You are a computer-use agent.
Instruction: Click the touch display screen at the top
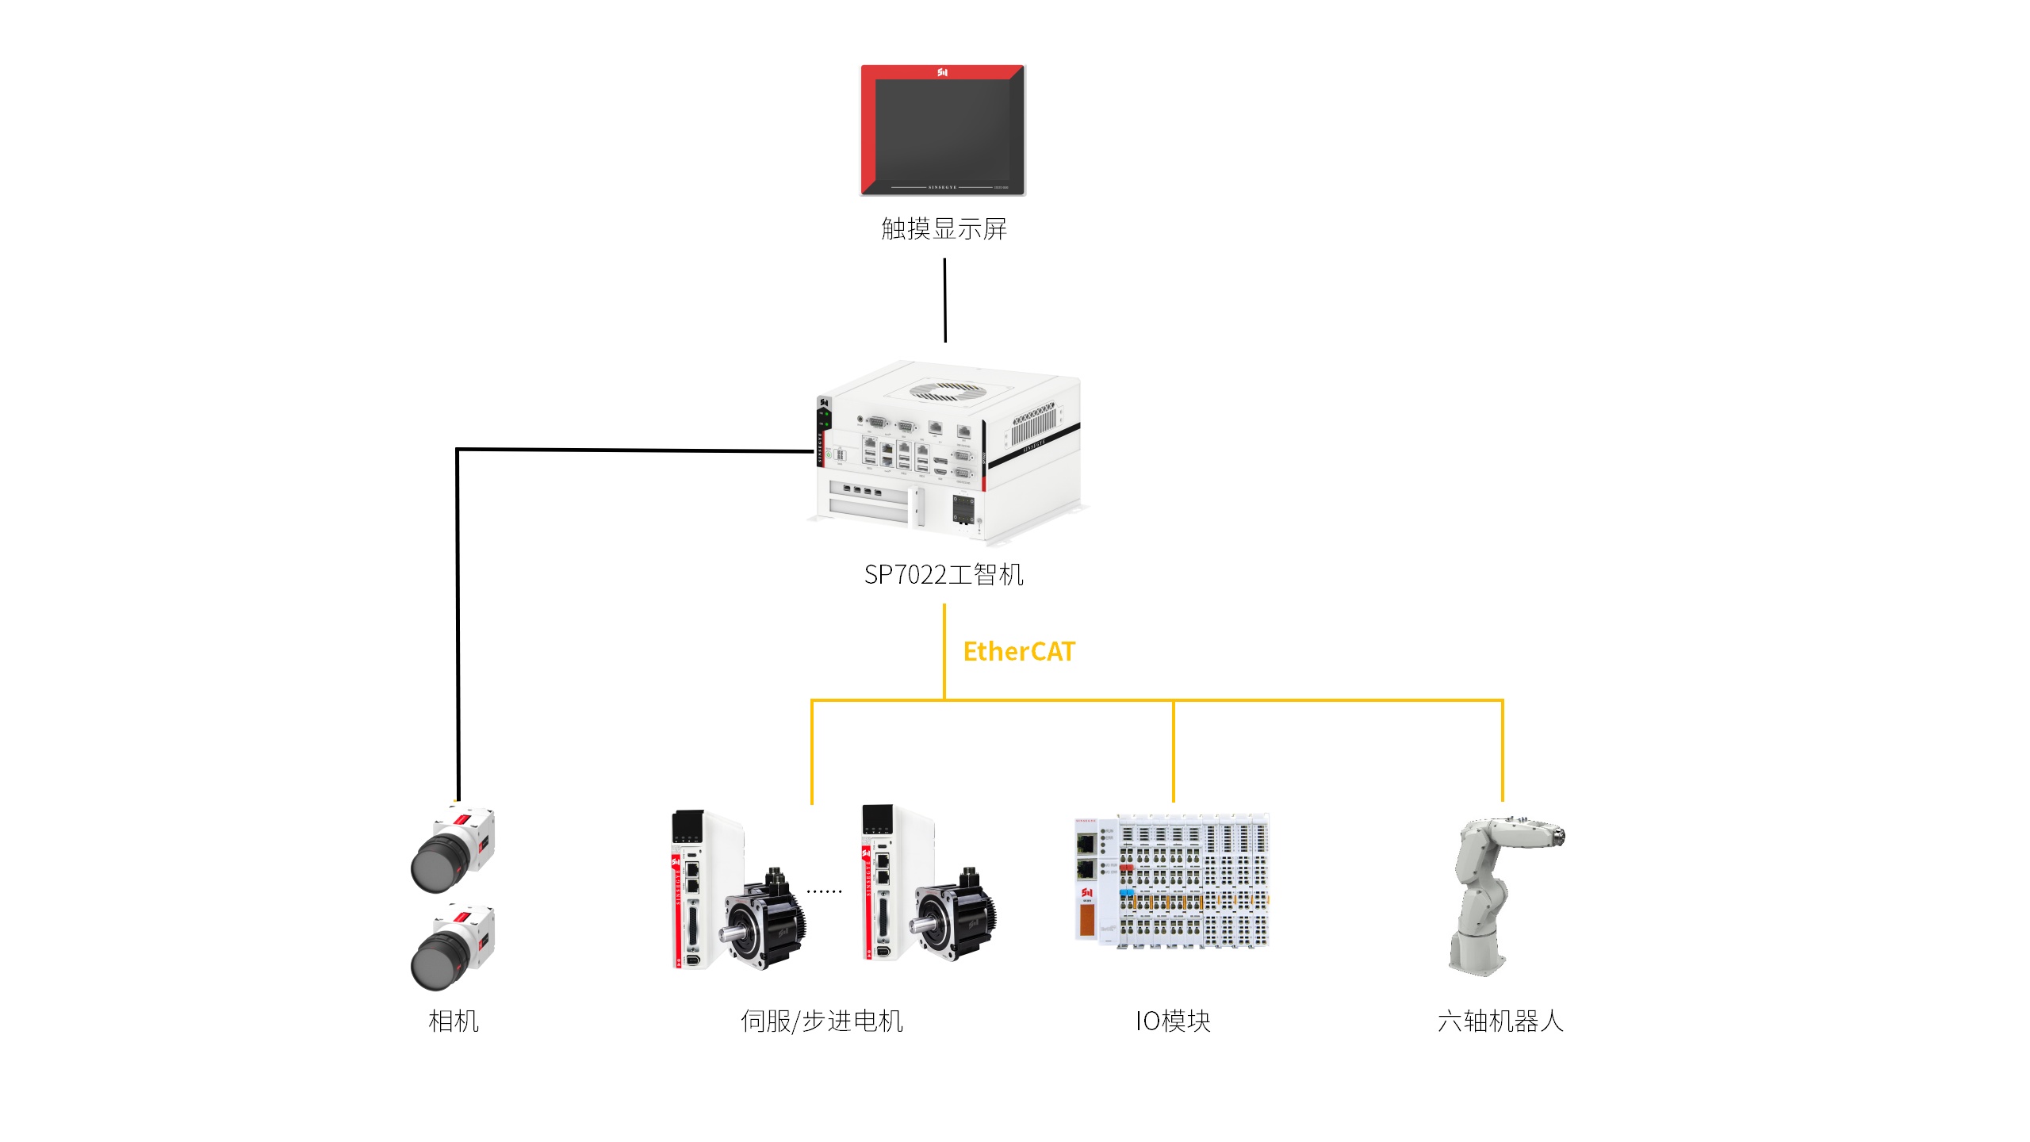(x=943, y=130)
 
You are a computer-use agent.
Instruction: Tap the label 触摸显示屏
(x=944, y=229)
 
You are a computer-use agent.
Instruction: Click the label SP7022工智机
(x=944, y=575)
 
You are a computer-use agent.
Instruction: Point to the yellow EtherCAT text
(x=1019, y=652)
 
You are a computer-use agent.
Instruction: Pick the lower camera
(x=453, y=947)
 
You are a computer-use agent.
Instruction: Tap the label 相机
(x=454, y=1021)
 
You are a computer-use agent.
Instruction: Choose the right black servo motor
(x=956, y=916)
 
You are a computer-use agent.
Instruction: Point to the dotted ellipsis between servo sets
(x=824, y=891)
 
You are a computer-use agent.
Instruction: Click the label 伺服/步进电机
(x=822, y=1021)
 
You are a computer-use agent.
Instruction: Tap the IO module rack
(x=1172, y=880)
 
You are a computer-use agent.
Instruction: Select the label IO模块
(x=1173, y=1021)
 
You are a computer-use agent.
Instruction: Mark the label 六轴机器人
(x=1500, y=1021)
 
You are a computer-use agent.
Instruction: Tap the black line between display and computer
(x=944, y=301)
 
